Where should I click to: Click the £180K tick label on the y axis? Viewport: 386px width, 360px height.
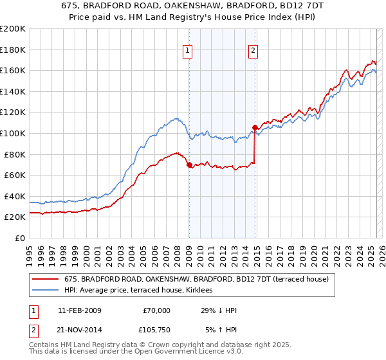13,50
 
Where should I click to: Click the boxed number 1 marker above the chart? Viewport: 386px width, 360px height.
188,50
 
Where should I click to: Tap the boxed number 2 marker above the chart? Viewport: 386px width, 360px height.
253,50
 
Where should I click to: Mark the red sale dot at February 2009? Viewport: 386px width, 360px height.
189,165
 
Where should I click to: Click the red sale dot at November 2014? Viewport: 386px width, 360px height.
255,127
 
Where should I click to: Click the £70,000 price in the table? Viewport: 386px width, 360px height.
156,310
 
